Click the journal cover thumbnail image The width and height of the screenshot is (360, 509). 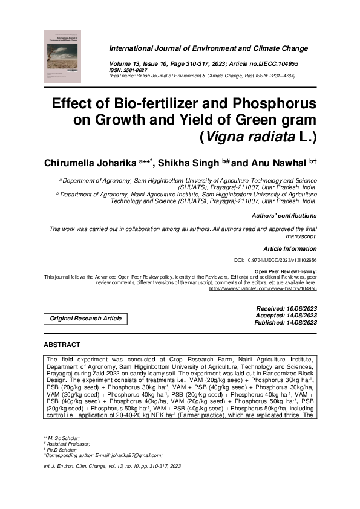[62, 57]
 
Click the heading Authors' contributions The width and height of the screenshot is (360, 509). [284, 215]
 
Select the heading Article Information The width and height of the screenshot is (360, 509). [290, 249]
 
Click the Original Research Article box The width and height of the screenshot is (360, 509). [85, 318]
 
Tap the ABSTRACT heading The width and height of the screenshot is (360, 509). [62, 345]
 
